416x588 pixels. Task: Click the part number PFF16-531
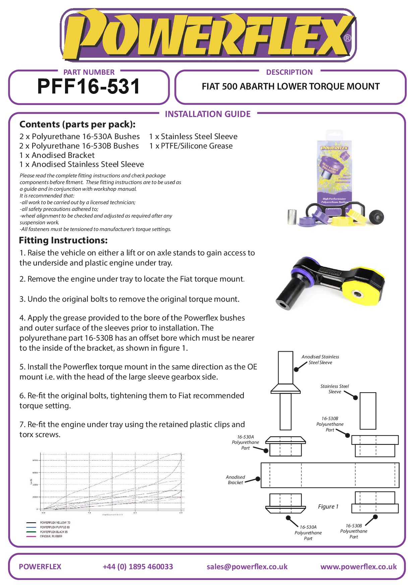tap(88, 86)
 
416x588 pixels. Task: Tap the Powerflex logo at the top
tap(208, 35)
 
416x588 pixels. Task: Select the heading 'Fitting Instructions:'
tap(63, 240)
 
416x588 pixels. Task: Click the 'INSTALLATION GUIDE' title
tap(207, 114)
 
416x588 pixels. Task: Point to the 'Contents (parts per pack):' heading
tap(77, 124)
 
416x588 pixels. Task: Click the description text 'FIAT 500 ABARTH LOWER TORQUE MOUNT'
tap(291, 86)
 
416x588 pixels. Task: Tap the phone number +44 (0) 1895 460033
tap(138, 567)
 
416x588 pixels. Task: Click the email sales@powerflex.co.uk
tap(247, 567)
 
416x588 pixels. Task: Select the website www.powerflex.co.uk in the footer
tap(358, 567)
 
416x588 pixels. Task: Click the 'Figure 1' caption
tap(328, 507)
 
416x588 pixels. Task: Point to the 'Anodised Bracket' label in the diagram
tap(235, 480)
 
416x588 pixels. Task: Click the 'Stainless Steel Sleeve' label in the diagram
tap(335, 389)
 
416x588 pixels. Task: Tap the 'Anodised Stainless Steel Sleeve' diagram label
tap(320, 359)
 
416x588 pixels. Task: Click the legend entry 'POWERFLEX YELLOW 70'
tap(55, 523)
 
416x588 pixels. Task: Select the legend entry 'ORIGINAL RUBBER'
tap(51, 536)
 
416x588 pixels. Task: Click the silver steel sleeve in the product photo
tap(292, 217)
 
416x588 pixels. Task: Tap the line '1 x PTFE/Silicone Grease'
tap(191, 146)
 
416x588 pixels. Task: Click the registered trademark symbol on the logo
tap(348, 38)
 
